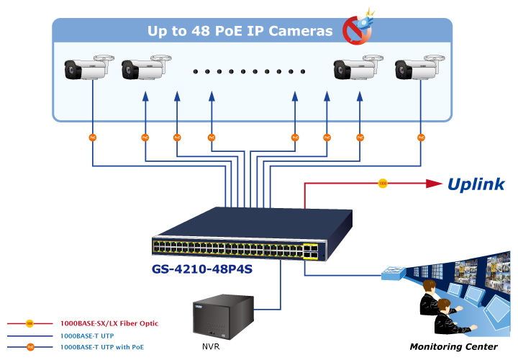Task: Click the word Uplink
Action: click(x=476, y=184)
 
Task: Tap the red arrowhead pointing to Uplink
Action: click(x=434, y=184)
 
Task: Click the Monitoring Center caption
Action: click(x=453, y=347)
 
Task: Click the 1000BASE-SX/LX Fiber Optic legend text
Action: click(x=109, y=323)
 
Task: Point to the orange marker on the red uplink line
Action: click(x=383, y=184)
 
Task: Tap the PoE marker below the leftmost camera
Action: click(x=92, y=136)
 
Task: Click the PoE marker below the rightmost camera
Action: click(x=420, y=136)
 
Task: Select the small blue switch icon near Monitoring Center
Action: click(x=395, y=274)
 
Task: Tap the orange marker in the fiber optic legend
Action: click(x=30, y=323)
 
